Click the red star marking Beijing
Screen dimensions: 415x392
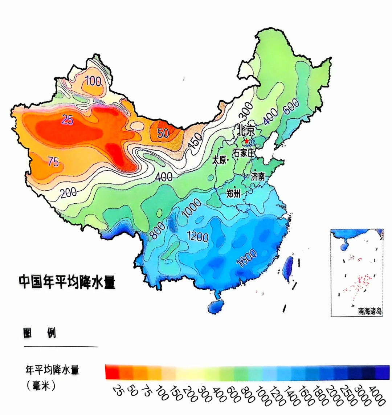[x=247, y=141]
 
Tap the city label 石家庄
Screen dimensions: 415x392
[x=244, y=152]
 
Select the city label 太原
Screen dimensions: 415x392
[x=220, y=160]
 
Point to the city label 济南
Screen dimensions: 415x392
[x=258, y=177]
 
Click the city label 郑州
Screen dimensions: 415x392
[x=233, y=194]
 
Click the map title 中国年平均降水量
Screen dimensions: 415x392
[x=67, y=282]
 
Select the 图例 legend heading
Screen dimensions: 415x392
[x=40, y=333]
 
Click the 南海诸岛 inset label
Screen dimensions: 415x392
[x=369, y=311]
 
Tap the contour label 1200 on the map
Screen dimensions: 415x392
[x=197, y=236]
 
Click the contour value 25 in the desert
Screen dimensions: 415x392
[x=67, y=119]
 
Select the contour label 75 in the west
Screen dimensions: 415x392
[x=53, y=161]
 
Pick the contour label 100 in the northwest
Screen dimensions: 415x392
[x=93, y=81]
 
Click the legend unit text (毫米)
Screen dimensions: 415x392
[x=41, y=386]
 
